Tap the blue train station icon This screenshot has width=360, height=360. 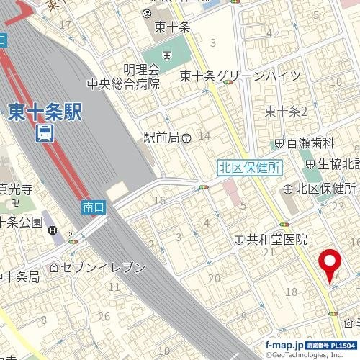click(x=45, y=133)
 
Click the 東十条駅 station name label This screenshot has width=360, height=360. click(x=45, y=111)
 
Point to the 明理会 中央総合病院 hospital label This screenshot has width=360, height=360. click(x=123, y=76)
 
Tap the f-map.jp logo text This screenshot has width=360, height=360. click(x=285, y=346)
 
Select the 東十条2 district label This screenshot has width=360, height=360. click(x=286, y=111)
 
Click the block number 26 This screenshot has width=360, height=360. click(x=104, y=316)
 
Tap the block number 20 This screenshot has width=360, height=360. click(x=214, y=279)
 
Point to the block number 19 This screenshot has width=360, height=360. click(x=240, y=317)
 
